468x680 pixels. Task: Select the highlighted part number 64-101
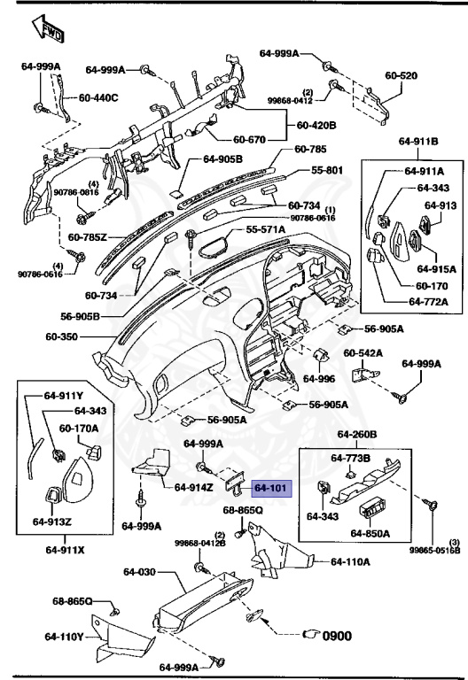tap(270, 488)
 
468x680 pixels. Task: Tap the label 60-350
tap(65, 337)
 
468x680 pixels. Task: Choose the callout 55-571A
tap(265, 229)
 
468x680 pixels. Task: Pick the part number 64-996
tap(319, 378)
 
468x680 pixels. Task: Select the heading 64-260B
tap(356, 436)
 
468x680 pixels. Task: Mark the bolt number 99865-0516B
tap(434, 550)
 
